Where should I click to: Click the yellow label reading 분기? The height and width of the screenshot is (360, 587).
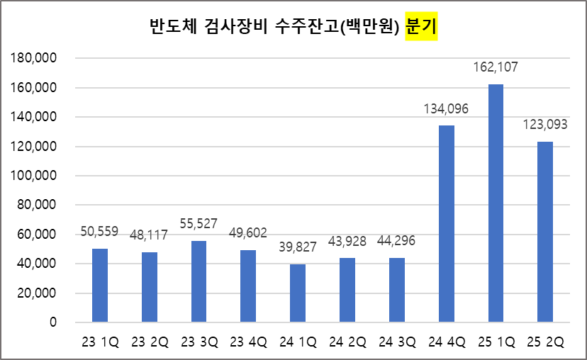click(421, 26)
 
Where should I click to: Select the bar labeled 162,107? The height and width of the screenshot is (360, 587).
click(496, 203)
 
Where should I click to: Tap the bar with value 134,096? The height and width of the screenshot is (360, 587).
click(446, 224)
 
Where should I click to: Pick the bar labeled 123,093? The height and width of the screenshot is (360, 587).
click(545, 232)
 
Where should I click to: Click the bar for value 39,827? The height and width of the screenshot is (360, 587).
click(298, 293)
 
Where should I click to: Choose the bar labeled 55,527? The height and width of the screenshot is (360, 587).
click(199, 281)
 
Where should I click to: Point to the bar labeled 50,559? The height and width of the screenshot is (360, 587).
click(100, 286)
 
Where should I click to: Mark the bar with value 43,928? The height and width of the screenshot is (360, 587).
click(347, 290)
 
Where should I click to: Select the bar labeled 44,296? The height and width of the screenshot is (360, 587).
click(397, 290)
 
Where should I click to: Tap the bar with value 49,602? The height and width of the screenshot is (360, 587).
click(248, 286)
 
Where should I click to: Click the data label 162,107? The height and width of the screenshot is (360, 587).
click(496, 67)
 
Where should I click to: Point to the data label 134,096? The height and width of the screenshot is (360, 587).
click(446, 109)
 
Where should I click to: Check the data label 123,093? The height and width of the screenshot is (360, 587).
click(545, 125)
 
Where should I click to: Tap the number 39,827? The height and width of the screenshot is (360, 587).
click(298, 247)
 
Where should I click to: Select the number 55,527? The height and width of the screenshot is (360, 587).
click(199, 224)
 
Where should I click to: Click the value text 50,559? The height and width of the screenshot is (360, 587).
click(99, 231)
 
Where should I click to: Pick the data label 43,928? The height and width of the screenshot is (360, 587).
click(347, 241)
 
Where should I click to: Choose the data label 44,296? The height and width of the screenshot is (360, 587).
click(396, 241)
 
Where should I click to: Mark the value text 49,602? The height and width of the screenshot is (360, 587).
click(248, 233)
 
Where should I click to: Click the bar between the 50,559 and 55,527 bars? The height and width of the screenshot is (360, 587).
click(150, 287)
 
